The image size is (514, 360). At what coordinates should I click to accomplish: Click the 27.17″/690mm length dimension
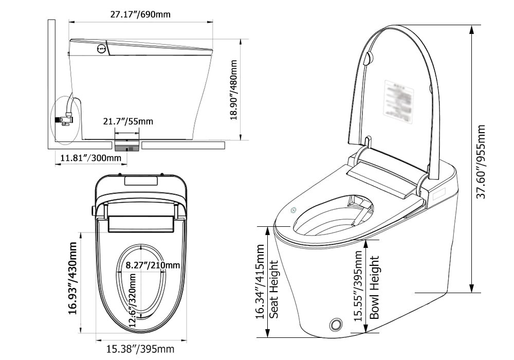click(140, 14)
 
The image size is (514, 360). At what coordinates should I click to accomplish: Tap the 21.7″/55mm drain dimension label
click(127, 122)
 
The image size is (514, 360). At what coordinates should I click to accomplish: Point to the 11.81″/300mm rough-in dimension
click(90, 158)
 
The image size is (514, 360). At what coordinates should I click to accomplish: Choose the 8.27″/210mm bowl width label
click(153, 265)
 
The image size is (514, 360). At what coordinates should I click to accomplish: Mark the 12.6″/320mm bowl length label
click(133, 300)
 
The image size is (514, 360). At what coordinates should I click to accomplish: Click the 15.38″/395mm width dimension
click(140, 350)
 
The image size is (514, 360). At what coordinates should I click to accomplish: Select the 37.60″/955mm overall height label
click(481, 163)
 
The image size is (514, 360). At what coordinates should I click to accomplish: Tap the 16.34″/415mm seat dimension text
click(261, 282)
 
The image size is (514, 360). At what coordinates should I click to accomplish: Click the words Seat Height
click(274, 289)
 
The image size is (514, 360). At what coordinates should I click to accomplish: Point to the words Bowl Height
click(375, 287)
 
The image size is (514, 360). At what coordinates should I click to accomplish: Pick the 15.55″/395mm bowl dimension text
click(359, 286)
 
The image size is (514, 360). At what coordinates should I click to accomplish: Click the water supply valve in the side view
click(65, 119)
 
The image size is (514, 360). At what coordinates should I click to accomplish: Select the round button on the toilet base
click(336, 324)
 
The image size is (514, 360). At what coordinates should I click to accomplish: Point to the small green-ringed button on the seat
click(294, 210)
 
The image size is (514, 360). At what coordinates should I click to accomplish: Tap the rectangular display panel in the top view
click(141, 181)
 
